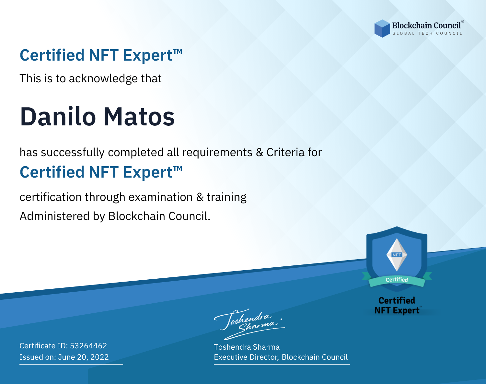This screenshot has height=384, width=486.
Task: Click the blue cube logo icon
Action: [x=382, y=29]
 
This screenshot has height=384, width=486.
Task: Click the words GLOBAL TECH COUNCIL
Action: [x=427, y=33]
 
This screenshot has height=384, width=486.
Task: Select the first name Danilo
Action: [x=58, y=117]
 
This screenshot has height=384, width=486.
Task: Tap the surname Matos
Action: [x=139, y=117]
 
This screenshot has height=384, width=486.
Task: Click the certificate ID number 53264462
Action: [x=88, y=345]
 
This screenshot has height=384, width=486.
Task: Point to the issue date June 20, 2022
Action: [x=83, y=357]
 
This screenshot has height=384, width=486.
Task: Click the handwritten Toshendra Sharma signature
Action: [x=249, y=324]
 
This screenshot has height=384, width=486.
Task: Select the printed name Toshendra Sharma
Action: [x=247, y=347]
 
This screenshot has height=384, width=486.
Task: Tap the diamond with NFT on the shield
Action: [x=397, y=255]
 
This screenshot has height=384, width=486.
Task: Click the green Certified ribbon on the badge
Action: [x=397, y=280]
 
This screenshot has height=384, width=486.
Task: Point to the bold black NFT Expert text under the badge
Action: [x=397, y=310]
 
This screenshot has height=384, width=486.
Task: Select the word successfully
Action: [x=73, y=153]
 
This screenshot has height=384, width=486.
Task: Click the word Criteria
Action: [x=285, y=152]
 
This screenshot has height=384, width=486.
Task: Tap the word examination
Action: [x=160, y=197]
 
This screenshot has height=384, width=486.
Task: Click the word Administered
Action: [x=54, y=216]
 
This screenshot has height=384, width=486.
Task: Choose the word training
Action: [x=226, y=197]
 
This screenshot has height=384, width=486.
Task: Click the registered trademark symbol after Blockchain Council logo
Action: [x=462, y=22]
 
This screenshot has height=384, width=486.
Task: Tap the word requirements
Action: [x=217, y=153]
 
